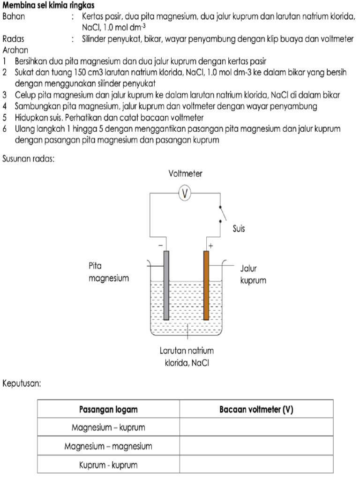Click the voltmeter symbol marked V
click(186, 194)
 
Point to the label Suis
click(239, 229)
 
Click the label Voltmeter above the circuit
click(186, 174)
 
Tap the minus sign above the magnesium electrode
click(160, 246)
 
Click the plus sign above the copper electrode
click(210, 246)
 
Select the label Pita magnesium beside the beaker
click(108, 272)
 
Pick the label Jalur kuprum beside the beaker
click(253, 275)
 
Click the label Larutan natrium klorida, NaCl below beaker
click(187, 356)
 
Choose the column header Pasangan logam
click(108, 409)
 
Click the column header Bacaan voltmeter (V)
click(256, 409)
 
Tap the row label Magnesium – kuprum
click(108, 427)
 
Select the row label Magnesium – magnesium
click(108, 446)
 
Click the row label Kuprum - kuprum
click(108, 465)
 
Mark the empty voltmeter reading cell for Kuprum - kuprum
click(256, 465)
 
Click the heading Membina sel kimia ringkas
click(49, 6)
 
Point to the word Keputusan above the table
click(22, 383)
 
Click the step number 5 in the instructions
click(5, 117)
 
